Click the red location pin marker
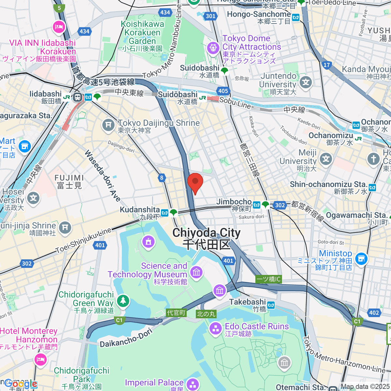point(195,182)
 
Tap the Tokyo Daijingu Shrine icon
point(108,125)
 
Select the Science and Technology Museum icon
point(196,272)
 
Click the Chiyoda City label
point(207,239)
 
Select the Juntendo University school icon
point(306,82)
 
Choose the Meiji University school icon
point(326,159)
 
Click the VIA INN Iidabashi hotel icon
point(59,27)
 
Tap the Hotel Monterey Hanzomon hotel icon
point(40,359)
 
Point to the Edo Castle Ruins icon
point(215,328)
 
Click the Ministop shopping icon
point(361,258)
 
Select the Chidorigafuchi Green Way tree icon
point(123,300)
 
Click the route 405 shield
point(223,91)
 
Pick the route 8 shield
point(162,178)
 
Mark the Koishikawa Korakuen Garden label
point(142,33)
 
